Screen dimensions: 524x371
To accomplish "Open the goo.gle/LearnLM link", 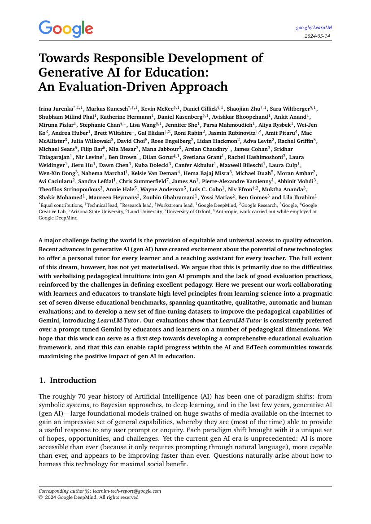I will point(314,27).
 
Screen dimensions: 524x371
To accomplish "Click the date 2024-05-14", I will point(318,36).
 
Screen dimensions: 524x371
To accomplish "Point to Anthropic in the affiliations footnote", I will point(226,211).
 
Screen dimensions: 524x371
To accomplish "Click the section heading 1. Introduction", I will point(67,380).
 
